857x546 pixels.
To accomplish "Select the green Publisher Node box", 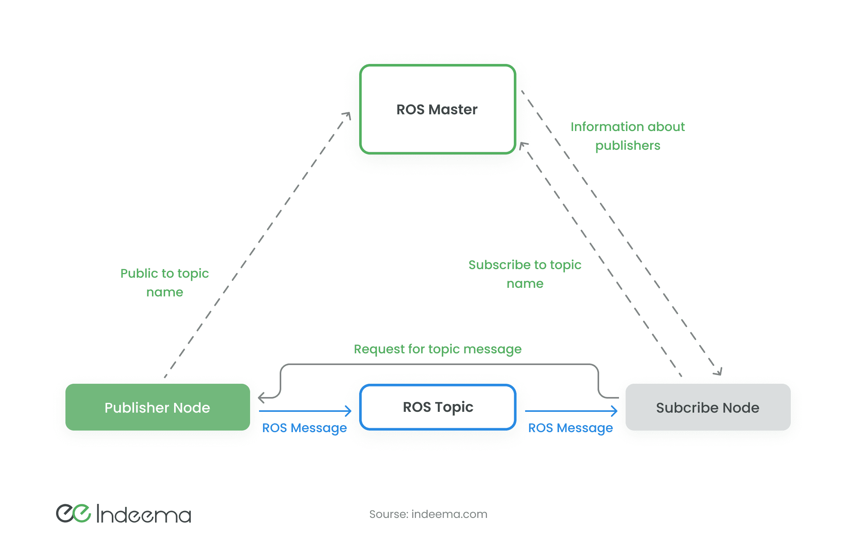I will click(157, 407).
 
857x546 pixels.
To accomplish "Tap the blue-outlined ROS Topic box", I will click(438, 407).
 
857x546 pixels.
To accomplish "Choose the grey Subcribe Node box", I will click(707, 407).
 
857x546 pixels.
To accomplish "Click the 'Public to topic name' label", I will click(164, 282).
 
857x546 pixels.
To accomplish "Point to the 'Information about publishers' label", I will click(628, 136).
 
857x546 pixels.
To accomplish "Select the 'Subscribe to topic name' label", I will click(525, 274).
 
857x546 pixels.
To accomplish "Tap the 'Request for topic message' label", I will click(437, 349).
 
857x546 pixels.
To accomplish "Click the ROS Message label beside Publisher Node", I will click(304, 428).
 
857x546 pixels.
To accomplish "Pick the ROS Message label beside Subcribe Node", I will click(570, 428).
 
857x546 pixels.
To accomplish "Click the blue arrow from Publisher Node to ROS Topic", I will click(305, 411).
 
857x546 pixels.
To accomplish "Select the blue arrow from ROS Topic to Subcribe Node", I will click(571, 411).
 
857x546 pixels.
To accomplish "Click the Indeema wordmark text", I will click(144, 514).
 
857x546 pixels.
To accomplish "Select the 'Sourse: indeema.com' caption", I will click(428, 514).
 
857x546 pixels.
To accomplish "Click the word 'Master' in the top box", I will click(453, 110).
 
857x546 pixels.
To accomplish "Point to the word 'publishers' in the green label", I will click(628, 145).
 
